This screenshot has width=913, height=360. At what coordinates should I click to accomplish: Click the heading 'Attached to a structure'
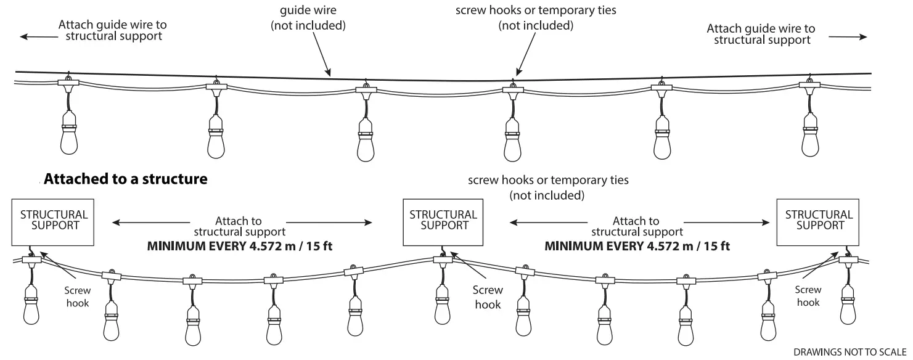click(x=125, y=179)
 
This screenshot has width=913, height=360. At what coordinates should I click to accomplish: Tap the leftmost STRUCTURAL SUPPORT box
click(x=54, y=220)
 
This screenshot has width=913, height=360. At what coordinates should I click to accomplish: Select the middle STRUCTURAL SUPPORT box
click(x=443, y=220)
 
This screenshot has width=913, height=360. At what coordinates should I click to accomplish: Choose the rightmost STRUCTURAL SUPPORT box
click(x=819, y=220)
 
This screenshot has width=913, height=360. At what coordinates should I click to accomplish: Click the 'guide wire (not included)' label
click(x=308, y=18)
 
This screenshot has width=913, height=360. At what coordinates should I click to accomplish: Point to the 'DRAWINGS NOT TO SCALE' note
click(x=849, y=352)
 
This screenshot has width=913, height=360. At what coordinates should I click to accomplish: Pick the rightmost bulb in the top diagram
click(x=812, y=136)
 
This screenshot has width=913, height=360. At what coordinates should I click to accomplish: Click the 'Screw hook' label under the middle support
click(x=488, y=297)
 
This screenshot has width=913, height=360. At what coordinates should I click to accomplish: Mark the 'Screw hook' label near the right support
click(x=808, y=295)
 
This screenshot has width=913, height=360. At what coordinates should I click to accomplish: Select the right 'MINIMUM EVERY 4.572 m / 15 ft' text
click(x=637, y=246)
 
